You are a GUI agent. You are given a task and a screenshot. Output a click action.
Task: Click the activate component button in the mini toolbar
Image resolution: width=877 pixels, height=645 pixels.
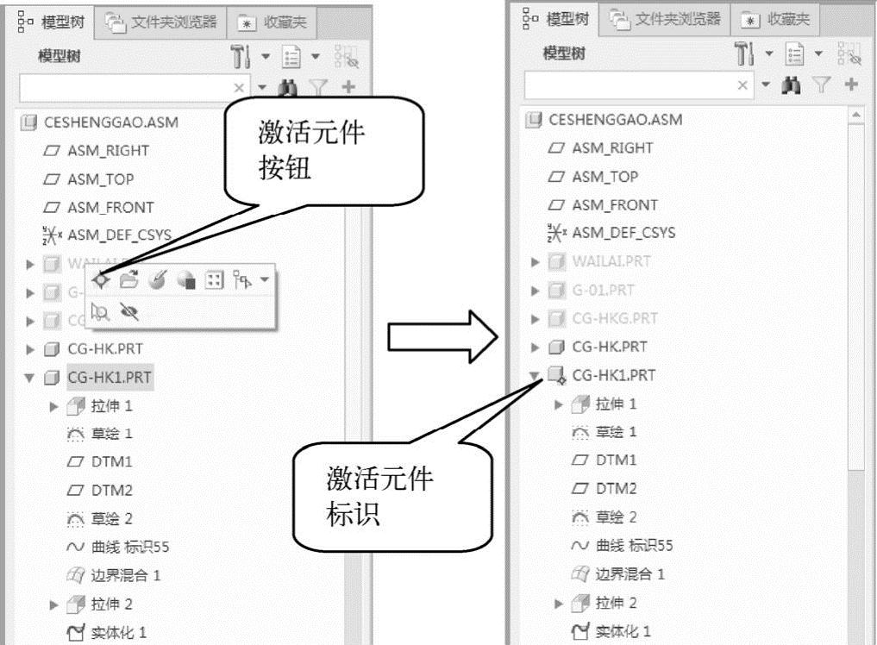tap(101, 280)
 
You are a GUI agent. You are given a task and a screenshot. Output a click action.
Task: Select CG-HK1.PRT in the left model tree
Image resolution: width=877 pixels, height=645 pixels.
tap(110, 377)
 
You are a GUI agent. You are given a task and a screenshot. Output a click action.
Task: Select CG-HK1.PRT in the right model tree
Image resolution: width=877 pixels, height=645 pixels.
tap(613, 375)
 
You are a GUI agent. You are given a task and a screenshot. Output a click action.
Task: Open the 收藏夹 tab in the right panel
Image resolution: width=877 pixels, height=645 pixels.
tap(777, 20)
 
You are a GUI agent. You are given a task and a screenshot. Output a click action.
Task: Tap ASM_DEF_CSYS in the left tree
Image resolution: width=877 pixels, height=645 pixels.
tap(118, 235)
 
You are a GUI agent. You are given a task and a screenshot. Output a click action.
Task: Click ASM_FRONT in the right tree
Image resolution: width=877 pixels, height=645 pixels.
tap(614, 205)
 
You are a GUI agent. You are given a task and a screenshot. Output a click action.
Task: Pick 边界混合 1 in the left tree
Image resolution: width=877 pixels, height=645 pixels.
tap(125, 575)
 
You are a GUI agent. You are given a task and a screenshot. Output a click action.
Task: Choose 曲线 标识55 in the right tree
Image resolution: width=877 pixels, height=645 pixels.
tap(633, 545)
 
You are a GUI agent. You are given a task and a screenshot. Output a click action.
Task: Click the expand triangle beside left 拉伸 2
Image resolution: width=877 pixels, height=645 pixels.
tap(54, 604)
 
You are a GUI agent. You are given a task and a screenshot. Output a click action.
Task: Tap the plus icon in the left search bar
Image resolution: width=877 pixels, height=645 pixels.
tap(348, 87)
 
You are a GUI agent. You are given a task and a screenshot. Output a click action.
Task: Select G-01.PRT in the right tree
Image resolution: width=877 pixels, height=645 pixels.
tap(603, 290)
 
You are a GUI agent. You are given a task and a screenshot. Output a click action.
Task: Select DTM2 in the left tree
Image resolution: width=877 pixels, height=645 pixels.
tap(111, 491)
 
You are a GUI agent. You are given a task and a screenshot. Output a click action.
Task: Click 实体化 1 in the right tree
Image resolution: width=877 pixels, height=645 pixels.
tap(623, 631)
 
